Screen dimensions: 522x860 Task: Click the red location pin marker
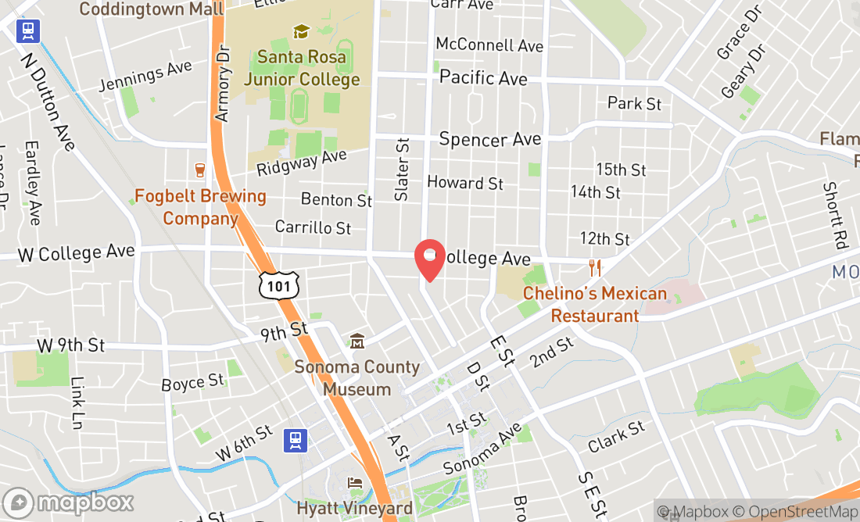pos(429,258)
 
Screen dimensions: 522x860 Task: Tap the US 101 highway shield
pos(278,285)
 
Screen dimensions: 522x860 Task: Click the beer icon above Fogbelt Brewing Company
pos(200,170)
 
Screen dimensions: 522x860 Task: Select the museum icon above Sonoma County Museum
pos(357,341)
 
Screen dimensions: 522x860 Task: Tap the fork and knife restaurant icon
pos(596,268)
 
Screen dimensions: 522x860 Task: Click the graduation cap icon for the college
pos(301,32)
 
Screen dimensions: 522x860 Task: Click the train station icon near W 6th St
pos(295,441)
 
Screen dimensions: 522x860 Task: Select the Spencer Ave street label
pos(490,140)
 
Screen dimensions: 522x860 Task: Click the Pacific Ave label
pos(483,77)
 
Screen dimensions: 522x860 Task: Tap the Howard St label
pos(465,183)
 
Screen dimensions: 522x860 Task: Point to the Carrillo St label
pos(313,227)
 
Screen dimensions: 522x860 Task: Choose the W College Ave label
pos(76,252)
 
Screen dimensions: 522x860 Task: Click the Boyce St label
pos(192,383)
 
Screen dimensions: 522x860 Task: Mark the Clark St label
pos(617,437)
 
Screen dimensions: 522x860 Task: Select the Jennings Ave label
pos(146,77)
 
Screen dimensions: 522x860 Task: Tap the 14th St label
pos(596,191)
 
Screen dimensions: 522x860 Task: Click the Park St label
pos(634,103)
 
